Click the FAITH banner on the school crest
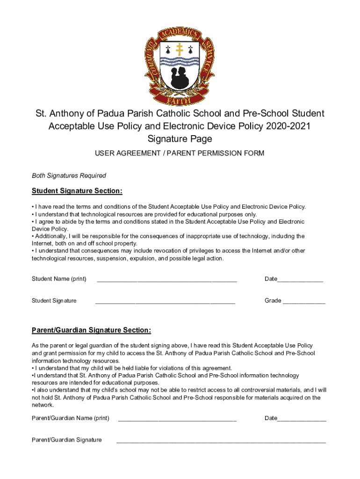click(x=180, y=100)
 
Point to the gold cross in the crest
click(x=180, y=49)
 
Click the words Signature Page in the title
click(x=180, y=139)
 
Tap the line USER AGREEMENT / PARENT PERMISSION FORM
click(x=180, y=153)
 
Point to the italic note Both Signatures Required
click(x=69, y=176)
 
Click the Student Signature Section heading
click(x=77, y=191)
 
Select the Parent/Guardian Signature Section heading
click(x=91, y=331)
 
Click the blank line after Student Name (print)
click(x=166, y=280)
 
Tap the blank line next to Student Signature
click(x=165, y=302)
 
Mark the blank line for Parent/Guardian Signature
click(x=221, y=441)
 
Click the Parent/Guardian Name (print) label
click(x=70, y=418)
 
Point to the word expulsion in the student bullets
click(x=134, y=258)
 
